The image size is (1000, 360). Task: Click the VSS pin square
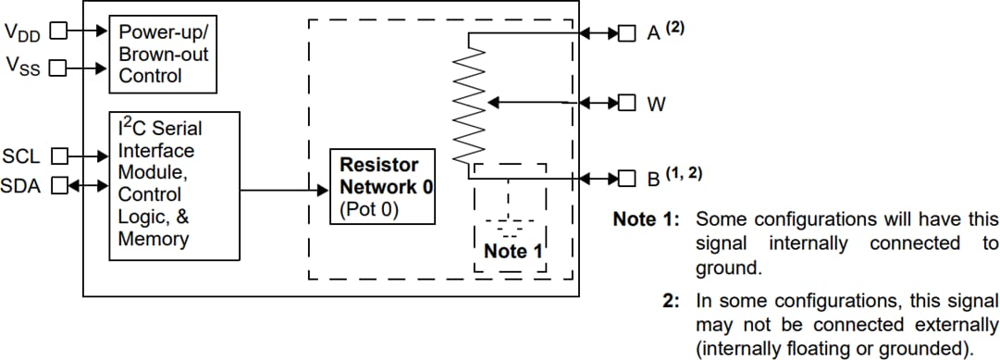(x=57, y=68)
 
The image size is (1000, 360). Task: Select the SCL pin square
(x=57, y=155)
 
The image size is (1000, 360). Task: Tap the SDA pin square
(x=57, y=186)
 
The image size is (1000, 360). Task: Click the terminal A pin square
(x=627, y=33)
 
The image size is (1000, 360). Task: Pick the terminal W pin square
(x=627, y=102)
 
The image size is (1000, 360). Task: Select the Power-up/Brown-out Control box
(x=164, y=54)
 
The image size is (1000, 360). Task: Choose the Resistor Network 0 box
(x=383, y=186)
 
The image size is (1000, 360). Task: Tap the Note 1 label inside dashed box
(x=512, y=251)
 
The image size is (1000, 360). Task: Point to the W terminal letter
(x=656, y=104)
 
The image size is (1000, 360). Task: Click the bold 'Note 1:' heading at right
(x=647, y=220)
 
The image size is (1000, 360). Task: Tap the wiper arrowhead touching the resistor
(x=492, y=102)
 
